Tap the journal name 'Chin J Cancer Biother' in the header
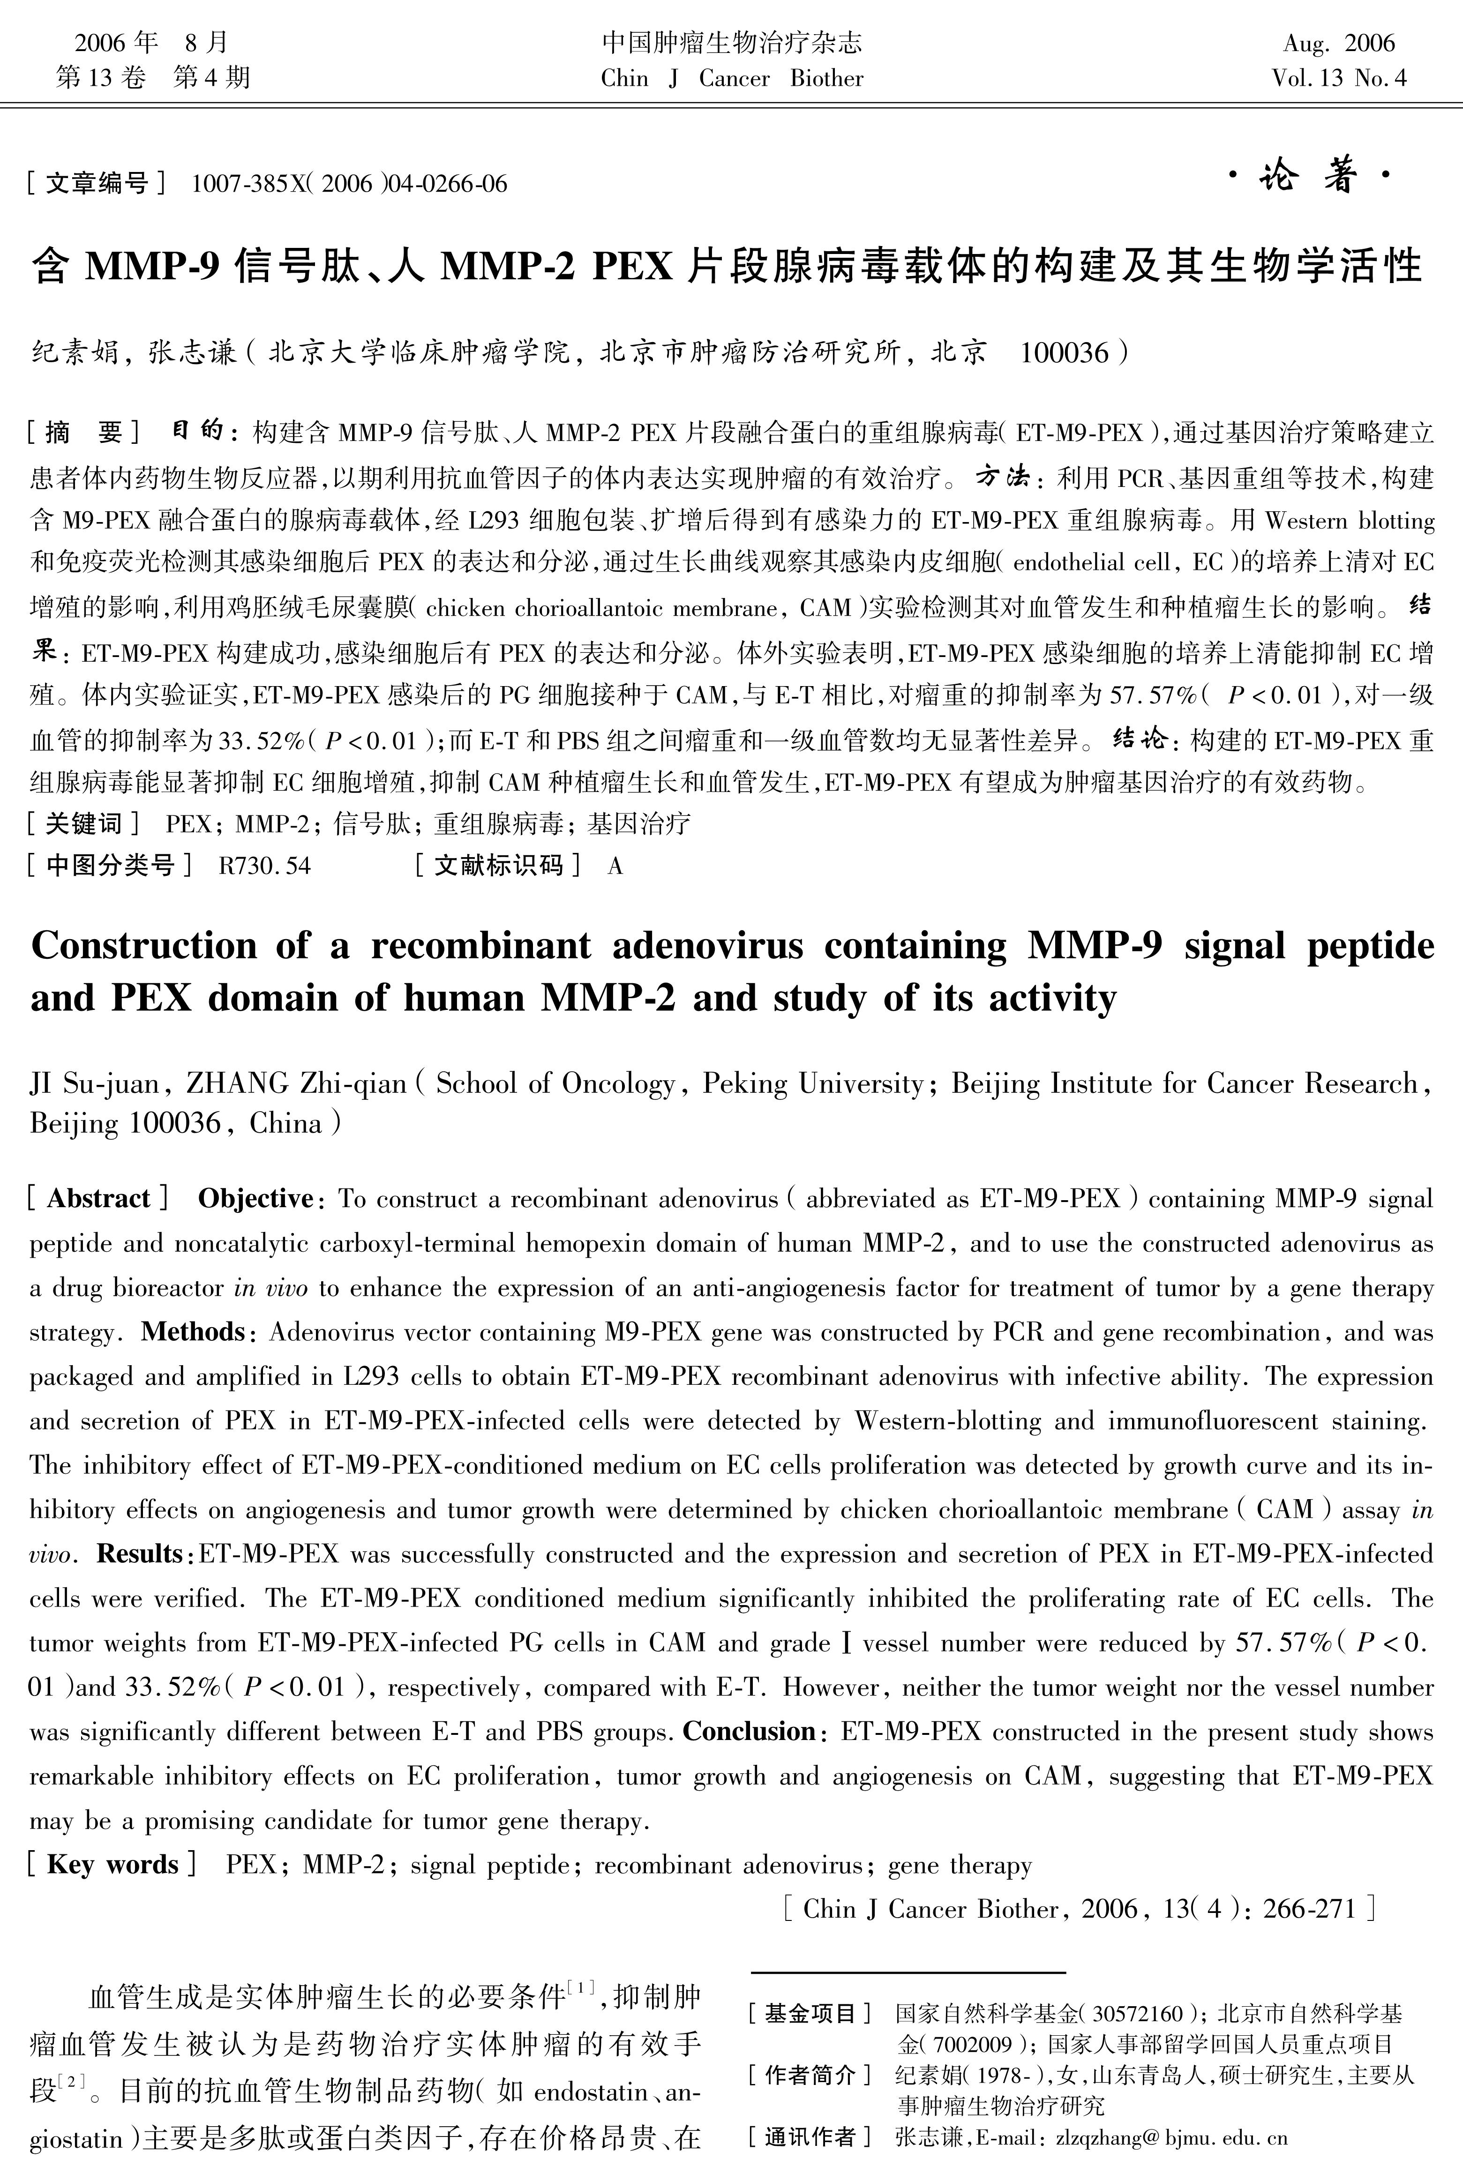click(x=732, y=78)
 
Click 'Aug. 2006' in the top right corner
click(x=1338, y=43)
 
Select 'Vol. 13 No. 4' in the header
click(x=1338, y=78)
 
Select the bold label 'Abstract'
click(x=98, y=1199)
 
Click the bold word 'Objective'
click(x=255, y=1199)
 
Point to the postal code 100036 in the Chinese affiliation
click(x=1064, y=352)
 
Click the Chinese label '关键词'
click(x=84, y=824)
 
